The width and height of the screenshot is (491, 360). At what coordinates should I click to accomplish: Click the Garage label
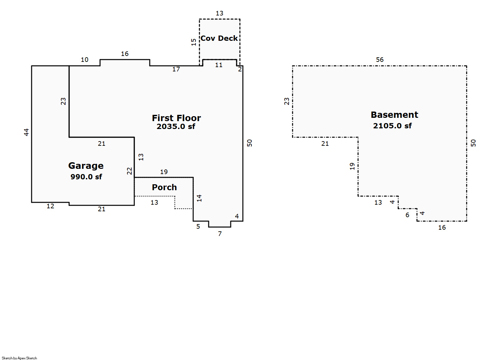click(86, 166)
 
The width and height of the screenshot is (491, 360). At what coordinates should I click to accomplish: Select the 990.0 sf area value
click(86, 177)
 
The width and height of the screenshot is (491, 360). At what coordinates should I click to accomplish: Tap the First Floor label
click(176, 118)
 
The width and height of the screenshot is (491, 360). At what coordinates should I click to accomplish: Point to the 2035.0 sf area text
click(176, 126)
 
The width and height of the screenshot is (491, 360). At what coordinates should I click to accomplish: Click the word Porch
click(165, 187)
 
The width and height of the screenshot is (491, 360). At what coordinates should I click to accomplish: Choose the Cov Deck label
click(219, 39)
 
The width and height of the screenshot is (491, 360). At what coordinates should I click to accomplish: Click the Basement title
click(395, 115)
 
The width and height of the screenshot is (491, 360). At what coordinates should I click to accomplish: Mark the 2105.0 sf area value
click(392, 126)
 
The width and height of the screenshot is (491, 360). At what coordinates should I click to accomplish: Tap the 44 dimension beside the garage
click(26, 132)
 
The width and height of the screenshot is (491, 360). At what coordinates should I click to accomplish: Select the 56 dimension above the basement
click(380, 60)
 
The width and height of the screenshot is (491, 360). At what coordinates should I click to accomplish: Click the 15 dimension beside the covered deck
click(194, 42)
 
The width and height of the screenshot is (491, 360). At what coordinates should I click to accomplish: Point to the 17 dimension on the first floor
click(176, 69)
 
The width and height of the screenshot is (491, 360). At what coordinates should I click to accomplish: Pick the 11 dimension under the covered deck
click(219, 65)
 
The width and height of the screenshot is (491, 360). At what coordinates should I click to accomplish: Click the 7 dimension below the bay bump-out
click(220, 234)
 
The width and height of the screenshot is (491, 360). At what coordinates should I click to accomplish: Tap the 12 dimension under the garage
click(50, 206)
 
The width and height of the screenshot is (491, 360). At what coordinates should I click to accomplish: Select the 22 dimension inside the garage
click(130, 171)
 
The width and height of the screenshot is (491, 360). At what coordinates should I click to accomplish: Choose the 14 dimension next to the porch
click(199, 198)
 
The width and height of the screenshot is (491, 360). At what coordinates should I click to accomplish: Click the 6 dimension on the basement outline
click(407, 215)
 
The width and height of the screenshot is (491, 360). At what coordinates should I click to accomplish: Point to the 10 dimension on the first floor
click(85, 60)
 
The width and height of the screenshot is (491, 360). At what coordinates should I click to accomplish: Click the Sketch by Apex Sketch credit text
click(19, 358)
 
